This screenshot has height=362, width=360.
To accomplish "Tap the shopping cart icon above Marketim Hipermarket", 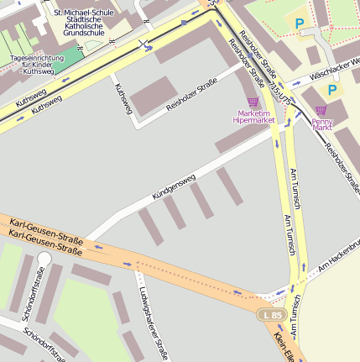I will [x=253, y=102].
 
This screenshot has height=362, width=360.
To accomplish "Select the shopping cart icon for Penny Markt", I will [x=321, y=109].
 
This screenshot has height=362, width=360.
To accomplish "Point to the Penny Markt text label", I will [x=322, y=124].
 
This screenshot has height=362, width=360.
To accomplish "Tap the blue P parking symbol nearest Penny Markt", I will [x=332, y=90].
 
